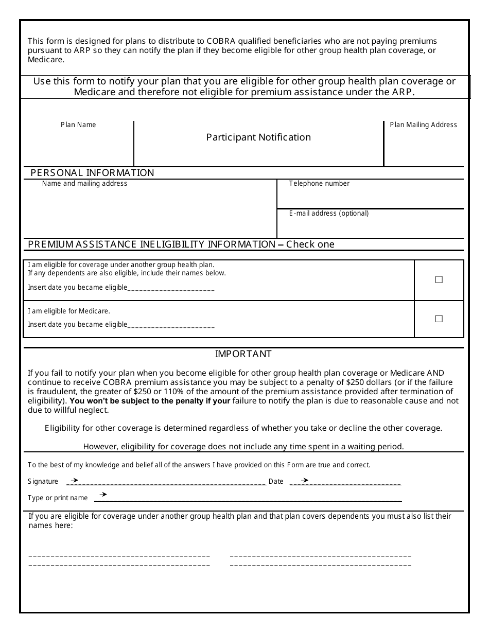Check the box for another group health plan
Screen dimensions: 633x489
click(x=439, y=280)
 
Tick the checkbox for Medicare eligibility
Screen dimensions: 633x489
click(x=439, y=319)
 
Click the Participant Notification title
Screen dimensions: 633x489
click(x=258, y=137)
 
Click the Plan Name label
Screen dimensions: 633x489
click(x=78, y=125)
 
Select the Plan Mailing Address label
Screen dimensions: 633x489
click(x=423, y=125)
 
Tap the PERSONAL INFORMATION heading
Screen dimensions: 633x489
click(x=92, y=173)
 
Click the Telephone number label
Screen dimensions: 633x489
click(x=319, y=184)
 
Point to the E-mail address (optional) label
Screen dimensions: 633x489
click(x=328, y=214)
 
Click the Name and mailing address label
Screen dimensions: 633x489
click(x=84, y=184)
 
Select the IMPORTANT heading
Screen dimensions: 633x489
click(x=243, y=354)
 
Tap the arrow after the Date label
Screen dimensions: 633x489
click(x=304, y=480)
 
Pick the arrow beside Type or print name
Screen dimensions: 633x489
click(x=103, y=495)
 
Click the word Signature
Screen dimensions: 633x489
click(x=43, y=482)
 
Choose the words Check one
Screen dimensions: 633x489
click(x=310, y=244)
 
